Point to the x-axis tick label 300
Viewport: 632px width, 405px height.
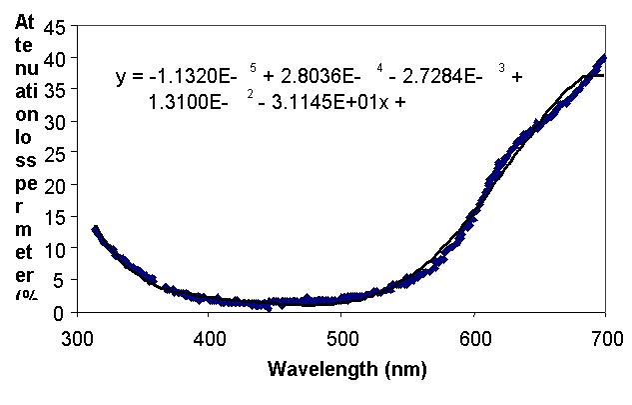pos(76,335)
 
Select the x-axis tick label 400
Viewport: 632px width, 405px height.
pos(209,335)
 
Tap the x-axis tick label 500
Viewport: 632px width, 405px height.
pos(341,335)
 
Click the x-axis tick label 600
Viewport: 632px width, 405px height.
pos(474,335)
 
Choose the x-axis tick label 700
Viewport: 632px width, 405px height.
pos(605,335)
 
